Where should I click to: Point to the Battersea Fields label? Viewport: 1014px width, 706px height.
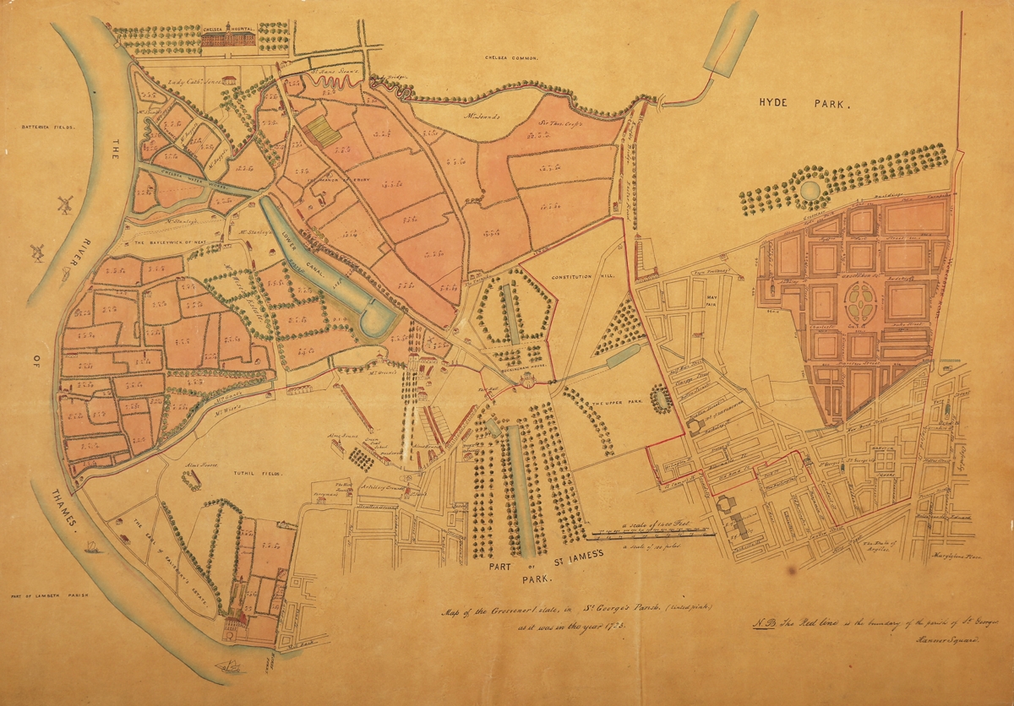(48, 127)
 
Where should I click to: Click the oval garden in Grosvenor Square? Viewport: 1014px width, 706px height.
(860, 301)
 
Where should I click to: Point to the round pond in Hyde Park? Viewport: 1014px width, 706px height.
(811, 189)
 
